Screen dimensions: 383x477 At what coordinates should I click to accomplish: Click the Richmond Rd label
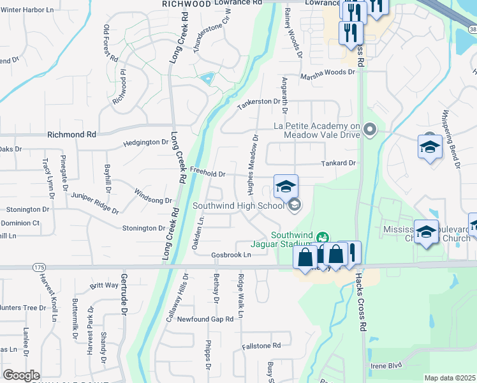click(71, 135)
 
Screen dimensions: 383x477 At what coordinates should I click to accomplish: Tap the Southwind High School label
click(238, 206)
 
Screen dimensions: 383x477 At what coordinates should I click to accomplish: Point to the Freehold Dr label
click(208, 173)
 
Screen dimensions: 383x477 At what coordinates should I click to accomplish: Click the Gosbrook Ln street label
click(231, 255)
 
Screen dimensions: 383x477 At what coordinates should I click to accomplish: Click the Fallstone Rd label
click(261, 346)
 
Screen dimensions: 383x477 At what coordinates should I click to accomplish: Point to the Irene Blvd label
click(386, 365)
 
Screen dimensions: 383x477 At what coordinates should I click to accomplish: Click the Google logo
click(21, 375)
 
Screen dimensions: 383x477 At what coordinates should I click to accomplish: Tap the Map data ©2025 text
click(450, 378)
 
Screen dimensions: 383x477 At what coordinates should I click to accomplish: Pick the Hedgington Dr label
click(145, 143)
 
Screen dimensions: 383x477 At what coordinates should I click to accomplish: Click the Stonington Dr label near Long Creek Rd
click(143, 228)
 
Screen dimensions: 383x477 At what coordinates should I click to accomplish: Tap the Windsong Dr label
click(153, 196)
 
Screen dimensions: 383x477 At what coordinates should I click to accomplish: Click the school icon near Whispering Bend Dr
click(430, 147)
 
